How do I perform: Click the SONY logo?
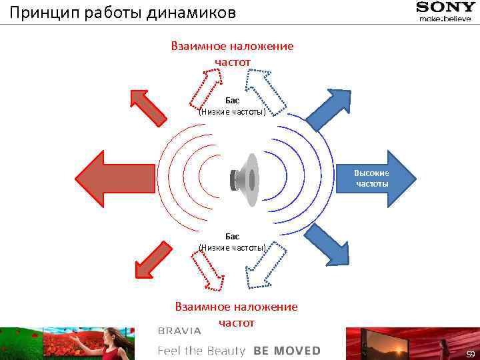point(446,7)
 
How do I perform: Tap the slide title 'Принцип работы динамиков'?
point(123,13)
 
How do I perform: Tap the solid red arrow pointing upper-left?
point(147,107)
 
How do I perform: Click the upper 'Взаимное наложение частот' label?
point(232,54)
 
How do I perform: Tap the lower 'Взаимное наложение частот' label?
point(236,314)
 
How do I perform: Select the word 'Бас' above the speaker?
point(232,100)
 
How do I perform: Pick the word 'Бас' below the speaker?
point(232,236)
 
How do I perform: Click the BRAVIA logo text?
point(179,331)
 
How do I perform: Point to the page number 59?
point(470,353)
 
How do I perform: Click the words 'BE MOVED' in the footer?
point(287,351)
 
